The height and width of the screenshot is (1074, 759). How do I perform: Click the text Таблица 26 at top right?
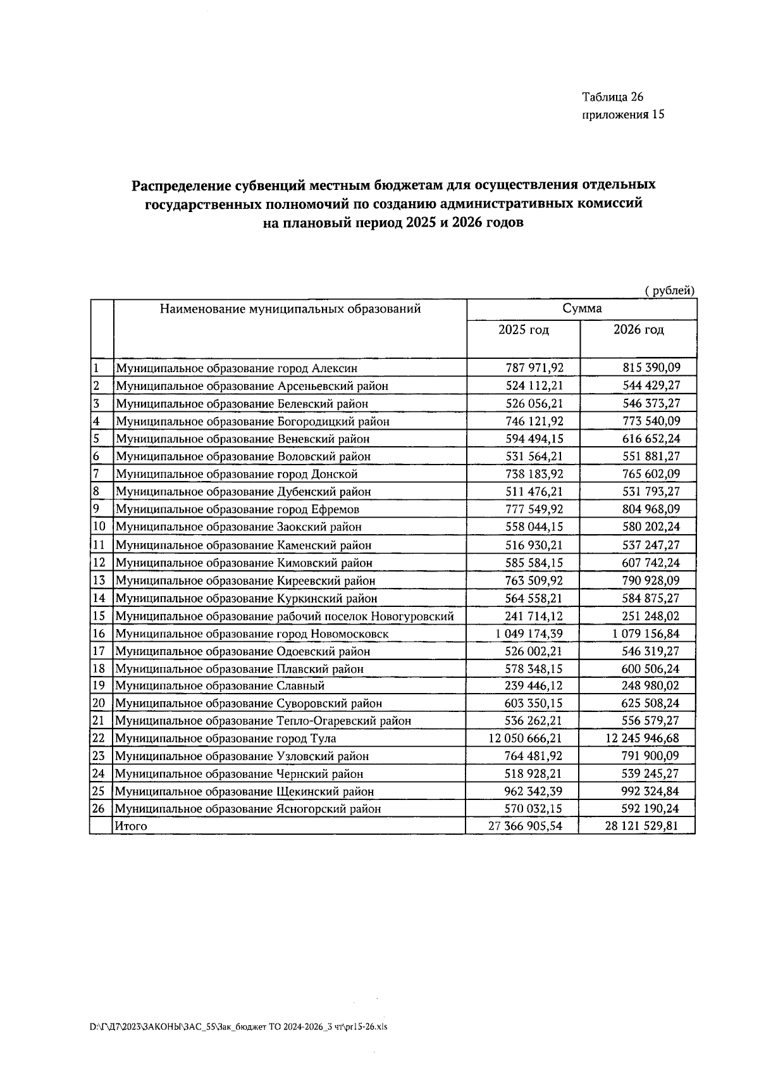tap(612, 97)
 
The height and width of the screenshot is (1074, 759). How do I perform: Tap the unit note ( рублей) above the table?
tap(669, 290)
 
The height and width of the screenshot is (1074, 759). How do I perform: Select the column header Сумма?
tap(582, 309)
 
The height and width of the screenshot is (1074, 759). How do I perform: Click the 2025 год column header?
tap(523, 330)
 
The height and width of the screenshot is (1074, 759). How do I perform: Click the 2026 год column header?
tap(638, 330)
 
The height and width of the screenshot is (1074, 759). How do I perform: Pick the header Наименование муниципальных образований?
tap(290, 309)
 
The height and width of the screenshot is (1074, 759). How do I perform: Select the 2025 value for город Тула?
tap(524, 739)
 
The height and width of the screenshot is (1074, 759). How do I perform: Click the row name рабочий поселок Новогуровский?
tap(284, 616)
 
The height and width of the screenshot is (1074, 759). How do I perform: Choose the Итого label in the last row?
tap(130, 826)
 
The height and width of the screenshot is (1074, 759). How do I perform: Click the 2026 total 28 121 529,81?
tap(640, 826)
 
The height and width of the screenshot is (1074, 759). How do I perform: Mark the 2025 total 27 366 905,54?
tap(524, 826)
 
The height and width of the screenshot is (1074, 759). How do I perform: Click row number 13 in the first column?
tap(99, 580)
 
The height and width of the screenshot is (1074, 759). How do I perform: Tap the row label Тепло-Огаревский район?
tap(262, 721)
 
